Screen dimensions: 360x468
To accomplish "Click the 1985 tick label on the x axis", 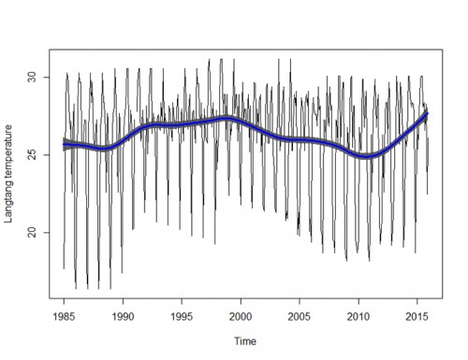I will point(64,316).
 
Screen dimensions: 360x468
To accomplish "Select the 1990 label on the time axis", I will point(123,316).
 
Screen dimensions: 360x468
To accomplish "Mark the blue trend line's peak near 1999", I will point(227,118).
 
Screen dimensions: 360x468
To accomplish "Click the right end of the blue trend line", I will point(427,113).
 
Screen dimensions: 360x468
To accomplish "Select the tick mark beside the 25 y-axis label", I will point(46,154).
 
